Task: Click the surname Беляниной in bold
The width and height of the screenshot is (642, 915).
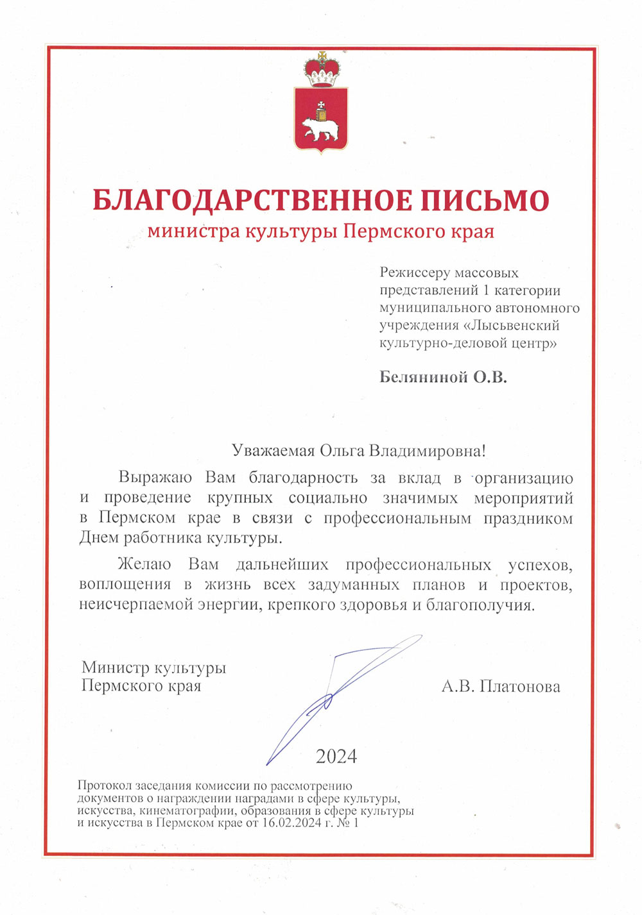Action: click(x=424, y=377)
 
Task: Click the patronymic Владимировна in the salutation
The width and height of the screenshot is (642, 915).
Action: click(x=427, y=450)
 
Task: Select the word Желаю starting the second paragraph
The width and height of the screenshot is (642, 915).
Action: click(x=144, y=564)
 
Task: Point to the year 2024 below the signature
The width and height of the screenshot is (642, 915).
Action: click(x=336, y=757)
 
